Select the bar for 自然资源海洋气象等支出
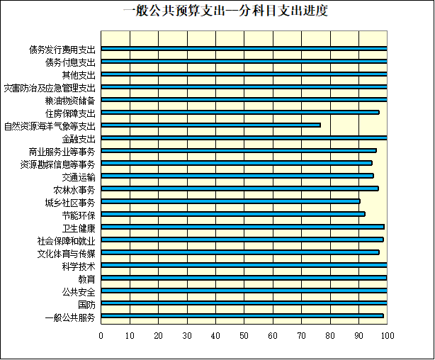(x=210, y=125)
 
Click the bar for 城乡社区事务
(x=230, y=201)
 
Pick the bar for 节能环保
(x=232, y=214)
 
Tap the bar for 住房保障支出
(x=240, y=113)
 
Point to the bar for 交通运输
(x=237, y=176)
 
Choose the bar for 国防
(x=244, y=303)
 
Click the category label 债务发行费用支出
(x=62, y=50)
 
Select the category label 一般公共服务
(x=69, y=316)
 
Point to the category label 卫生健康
(x=78, y=227)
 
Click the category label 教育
(x=86, y=279)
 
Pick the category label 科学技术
(x=78, y=266)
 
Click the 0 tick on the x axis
(x=101, y=335)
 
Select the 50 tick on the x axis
(x=244, y=335)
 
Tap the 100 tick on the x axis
(x=387, y=335)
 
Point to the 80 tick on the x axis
(x=330, y=335)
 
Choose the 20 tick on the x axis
(x=158, y=335)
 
